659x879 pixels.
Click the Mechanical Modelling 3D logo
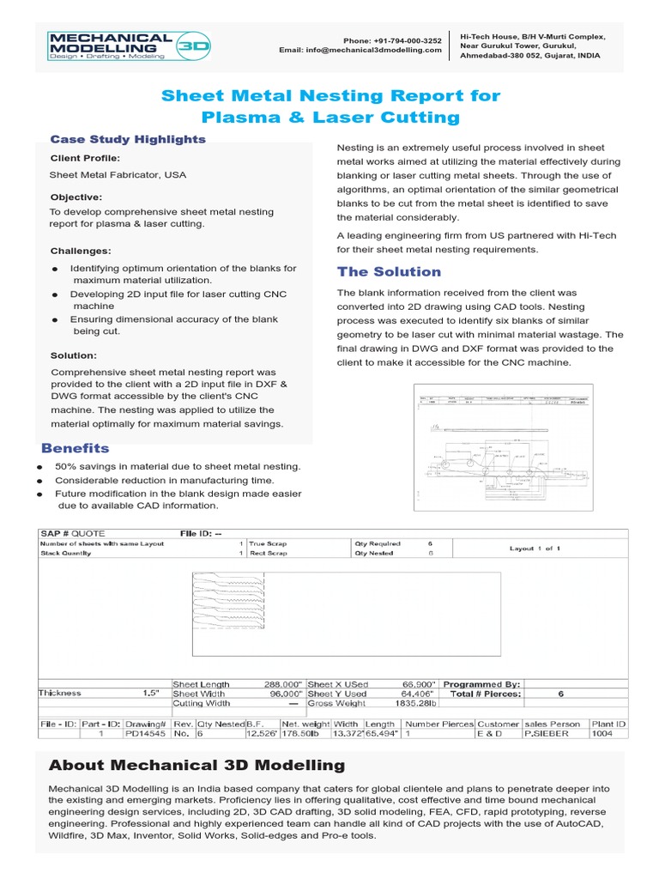[x=130, y=45]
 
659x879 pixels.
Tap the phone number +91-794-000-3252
[x=392, y=40]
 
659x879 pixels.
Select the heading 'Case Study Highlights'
[x=128, y=139]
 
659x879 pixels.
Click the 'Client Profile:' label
[x=85, y=159]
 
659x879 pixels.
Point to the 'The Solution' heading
[x=389, y=272]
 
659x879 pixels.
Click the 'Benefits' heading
[x=76, y=448]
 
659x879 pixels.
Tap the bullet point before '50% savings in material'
[x=39, y=467]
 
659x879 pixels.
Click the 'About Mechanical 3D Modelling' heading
[x=196, y=765]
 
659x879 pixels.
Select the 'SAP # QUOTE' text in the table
[x=73, y=533]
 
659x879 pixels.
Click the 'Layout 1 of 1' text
[x=535, y=549]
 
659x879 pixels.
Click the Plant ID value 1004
[x=603, y=734]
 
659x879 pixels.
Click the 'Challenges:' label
[x=81, y=251]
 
